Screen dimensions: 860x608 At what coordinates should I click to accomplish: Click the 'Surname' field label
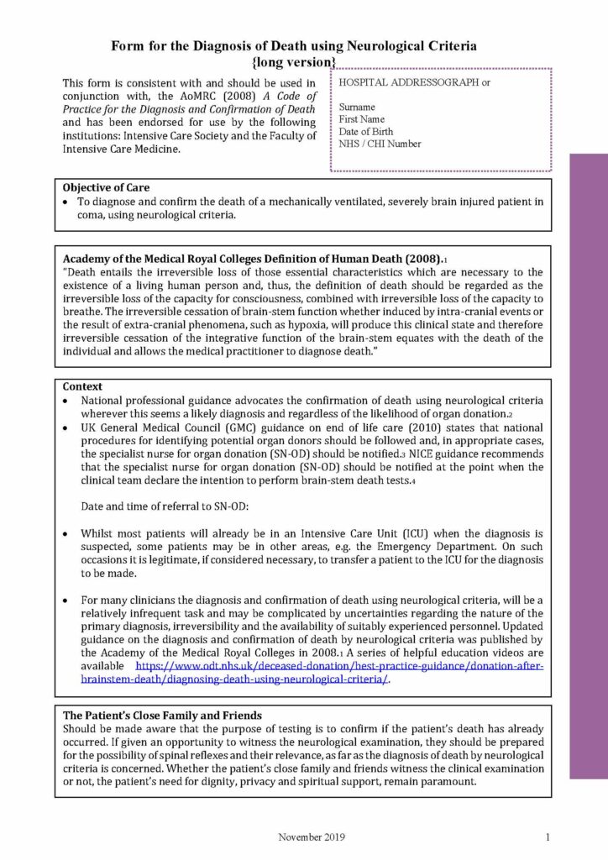tap(357, 107)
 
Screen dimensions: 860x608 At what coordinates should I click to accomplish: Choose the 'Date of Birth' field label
tap(365, 132)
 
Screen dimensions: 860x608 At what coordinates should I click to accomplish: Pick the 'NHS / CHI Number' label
tap(380, 144)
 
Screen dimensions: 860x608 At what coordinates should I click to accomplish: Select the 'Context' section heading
tap(82, 386)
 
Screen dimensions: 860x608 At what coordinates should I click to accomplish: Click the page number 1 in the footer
tap(547, 836)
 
